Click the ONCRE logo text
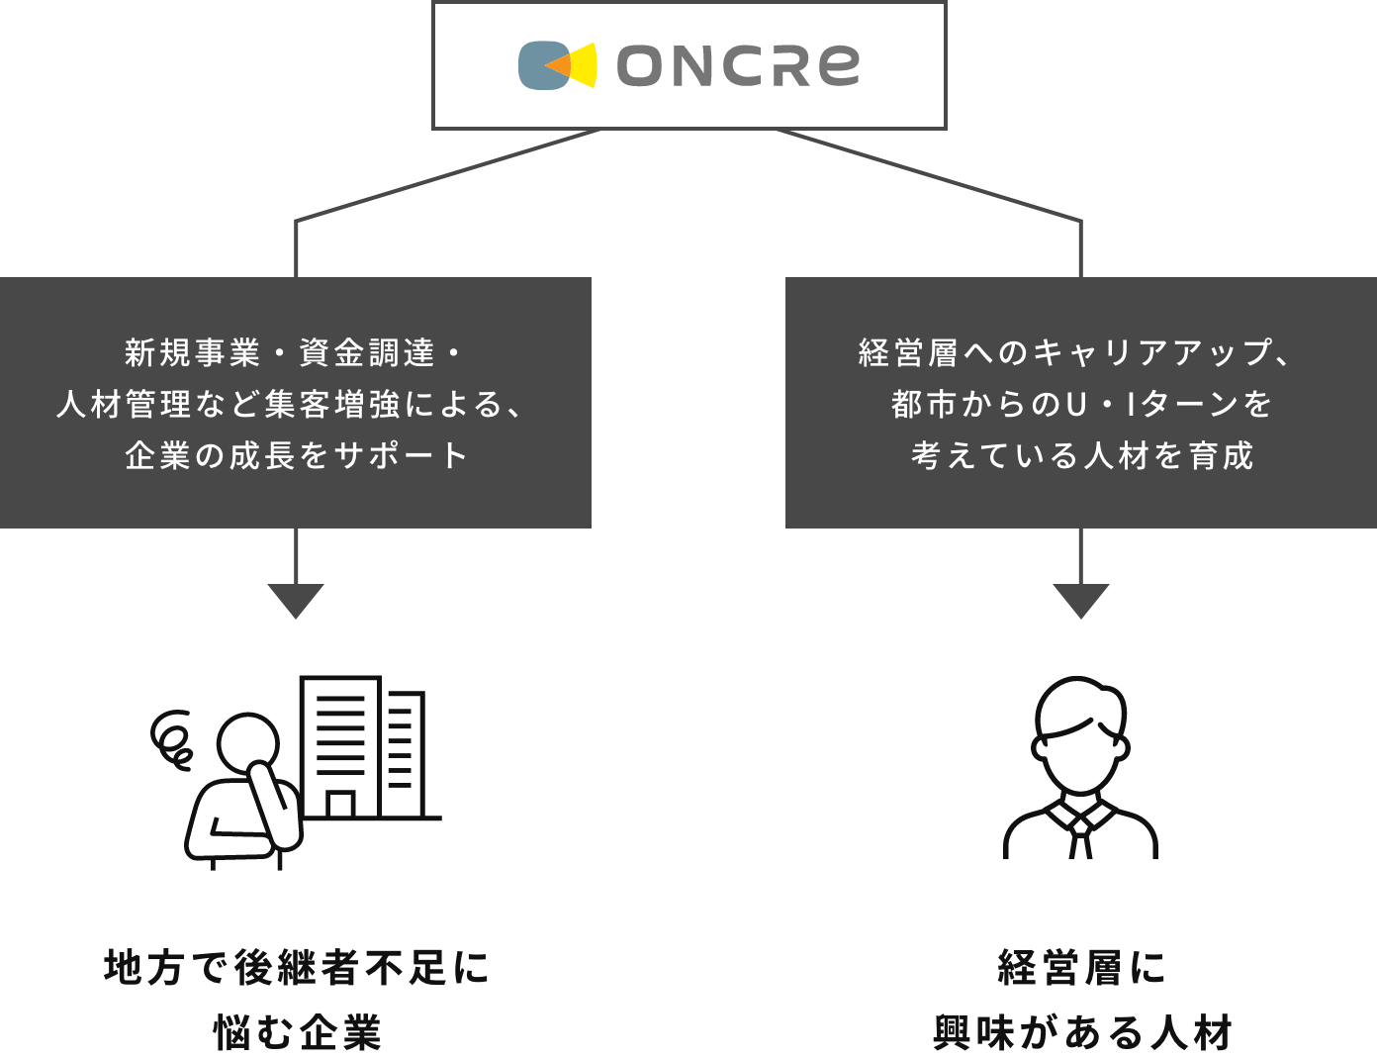(x=738, y=65)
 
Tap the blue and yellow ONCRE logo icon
(x=558, y=65)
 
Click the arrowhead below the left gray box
(x=296, y=600)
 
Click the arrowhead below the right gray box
(x=1080, y=600)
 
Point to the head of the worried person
(x=248, y=741)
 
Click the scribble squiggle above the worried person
(x=172, y=738)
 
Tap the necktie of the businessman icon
(x=1080, y=837)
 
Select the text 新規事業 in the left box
(x=193, y=352)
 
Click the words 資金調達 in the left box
(x=367, y=352)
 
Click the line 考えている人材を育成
(x=1082, y=455)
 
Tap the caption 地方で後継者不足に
(x=296, y=968)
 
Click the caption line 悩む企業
(x=297, y=1033)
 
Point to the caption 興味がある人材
(x=1082, y=1033)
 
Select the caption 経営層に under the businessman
(x=1082, y=968)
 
